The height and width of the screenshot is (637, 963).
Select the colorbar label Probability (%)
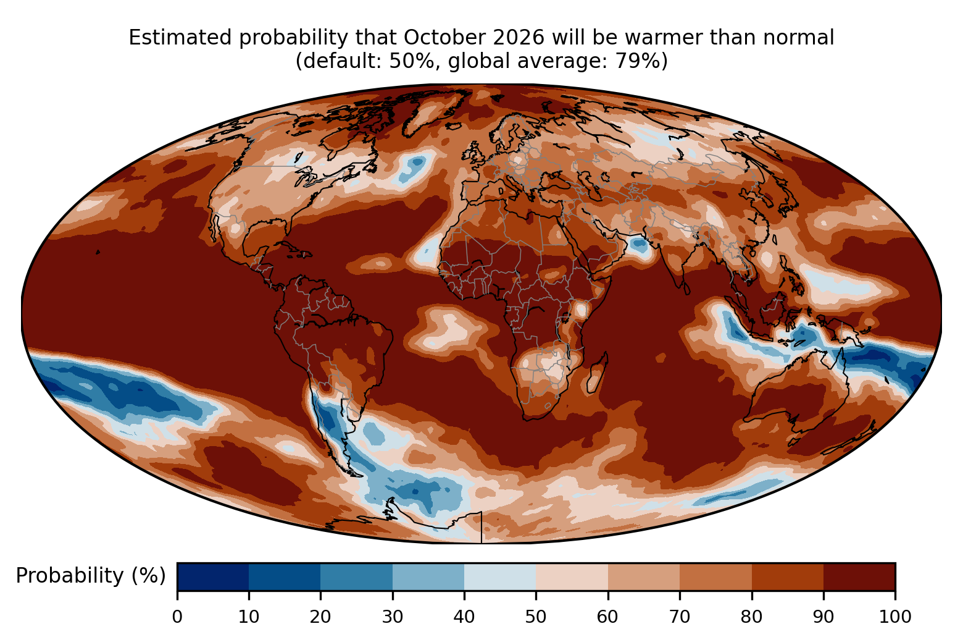(91, 576)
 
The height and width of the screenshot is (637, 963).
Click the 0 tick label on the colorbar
(177, 617)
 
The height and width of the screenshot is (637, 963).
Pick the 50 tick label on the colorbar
(536, 617)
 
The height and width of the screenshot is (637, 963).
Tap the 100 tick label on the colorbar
(895, 617)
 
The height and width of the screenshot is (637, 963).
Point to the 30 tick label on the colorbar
(393, 617)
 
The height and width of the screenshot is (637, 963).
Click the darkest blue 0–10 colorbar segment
(213, 576)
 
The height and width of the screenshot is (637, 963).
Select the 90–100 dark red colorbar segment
(859, 576)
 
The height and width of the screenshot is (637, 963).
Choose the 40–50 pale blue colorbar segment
(500, 576)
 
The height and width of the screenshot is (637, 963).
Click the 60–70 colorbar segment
(644, 576)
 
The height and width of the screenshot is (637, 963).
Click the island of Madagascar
(597, 373)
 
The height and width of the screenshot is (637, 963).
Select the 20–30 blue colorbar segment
(356, 576)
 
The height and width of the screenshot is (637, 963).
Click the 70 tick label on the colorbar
(680, 617)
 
